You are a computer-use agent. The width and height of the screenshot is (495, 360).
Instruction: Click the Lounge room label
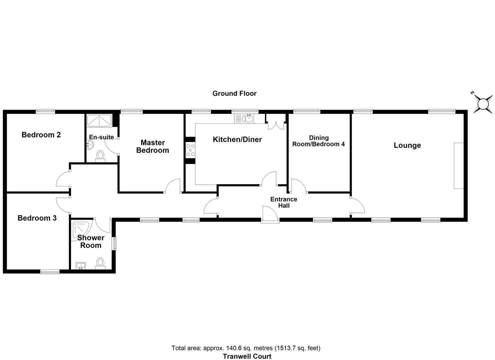(x=407, y=145)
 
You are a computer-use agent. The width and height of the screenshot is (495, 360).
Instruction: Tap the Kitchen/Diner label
(x=237, y=139)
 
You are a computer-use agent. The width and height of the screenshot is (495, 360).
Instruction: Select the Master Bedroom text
(x=152, y=146)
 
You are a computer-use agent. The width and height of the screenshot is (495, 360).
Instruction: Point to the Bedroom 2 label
(x=41, y=135)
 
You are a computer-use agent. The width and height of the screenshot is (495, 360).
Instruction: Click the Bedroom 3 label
(x=37, y=218)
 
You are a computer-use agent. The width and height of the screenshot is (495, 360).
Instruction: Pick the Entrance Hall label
(x=284, y=202)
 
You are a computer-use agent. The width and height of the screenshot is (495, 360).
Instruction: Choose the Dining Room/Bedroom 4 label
(x=318, y=141)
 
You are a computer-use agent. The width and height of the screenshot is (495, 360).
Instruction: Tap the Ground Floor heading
(x=234, y=93)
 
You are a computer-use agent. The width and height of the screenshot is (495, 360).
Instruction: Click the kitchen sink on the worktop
(x=248, y=118)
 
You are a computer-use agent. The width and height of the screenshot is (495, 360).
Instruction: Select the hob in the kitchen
(x=190, y=150)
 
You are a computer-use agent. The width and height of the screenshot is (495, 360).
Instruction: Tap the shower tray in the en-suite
(x=99, y=120)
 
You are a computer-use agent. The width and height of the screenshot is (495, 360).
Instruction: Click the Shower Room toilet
(x=100, y=263)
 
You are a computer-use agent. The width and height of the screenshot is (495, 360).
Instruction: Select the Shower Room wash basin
(x=81, y=266)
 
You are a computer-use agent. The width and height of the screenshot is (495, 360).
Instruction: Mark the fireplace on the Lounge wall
(x=458, y=166)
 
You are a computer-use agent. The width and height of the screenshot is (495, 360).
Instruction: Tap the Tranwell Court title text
(x=247, y=356)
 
